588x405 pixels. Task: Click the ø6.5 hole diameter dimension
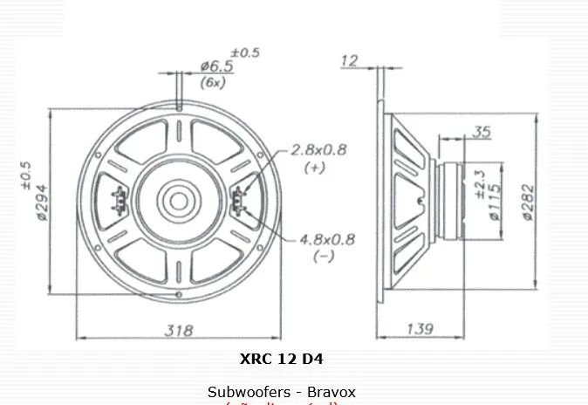216,65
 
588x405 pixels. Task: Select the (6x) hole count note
213,82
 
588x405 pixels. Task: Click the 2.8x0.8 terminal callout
319,150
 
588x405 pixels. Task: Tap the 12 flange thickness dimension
350,60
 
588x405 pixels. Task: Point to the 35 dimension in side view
482,132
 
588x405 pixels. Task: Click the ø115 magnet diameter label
495,202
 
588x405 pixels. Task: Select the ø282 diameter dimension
528,207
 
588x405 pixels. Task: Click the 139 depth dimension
421,329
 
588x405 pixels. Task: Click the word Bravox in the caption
332,392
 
